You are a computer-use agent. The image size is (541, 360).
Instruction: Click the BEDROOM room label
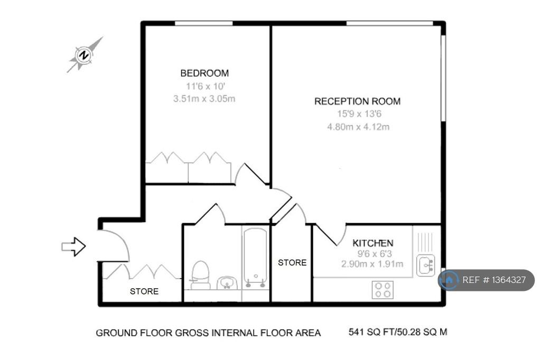click(204, 73)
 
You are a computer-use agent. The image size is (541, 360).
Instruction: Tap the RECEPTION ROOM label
click(358, 101)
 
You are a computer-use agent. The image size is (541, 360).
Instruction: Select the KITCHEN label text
click(372, 243)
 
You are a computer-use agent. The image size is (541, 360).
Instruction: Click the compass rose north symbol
click(84, 55)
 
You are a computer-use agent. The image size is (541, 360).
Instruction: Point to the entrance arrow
click(73, 247)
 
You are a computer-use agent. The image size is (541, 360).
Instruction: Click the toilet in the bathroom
click(200, 275)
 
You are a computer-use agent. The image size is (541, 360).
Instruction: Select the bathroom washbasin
click(227, 283)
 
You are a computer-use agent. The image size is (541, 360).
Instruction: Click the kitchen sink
click(425, 265)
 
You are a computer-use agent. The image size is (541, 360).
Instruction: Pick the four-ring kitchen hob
click(383, 290)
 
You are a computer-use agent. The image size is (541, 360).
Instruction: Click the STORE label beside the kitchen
click(292, 263)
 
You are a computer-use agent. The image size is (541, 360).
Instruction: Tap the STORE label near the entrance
click(144, 291)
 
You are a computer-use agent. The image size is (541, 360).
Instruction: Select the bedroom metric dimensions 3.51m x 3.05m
click(204, 99)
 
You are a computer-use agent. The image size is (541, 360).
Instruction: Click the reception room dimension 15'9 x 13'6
click(359, 114)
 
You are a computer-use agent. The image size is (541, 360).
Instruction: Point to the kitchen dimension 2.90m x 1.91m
click(372, 264)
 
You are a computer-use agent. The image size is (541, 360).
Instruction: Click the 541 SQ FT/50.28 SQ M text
click(398, 332)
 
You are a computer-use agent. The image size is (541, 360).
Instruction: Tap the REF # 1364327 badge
click(487, 280)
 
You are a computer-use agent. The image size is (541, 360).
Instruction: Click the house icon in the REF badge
click(449, 280)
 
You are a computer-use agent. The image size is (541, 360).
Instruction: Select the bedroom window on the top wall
click(203, 23)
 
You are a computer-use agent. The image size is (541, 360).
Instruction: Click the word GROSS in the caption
click(192, 333)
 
